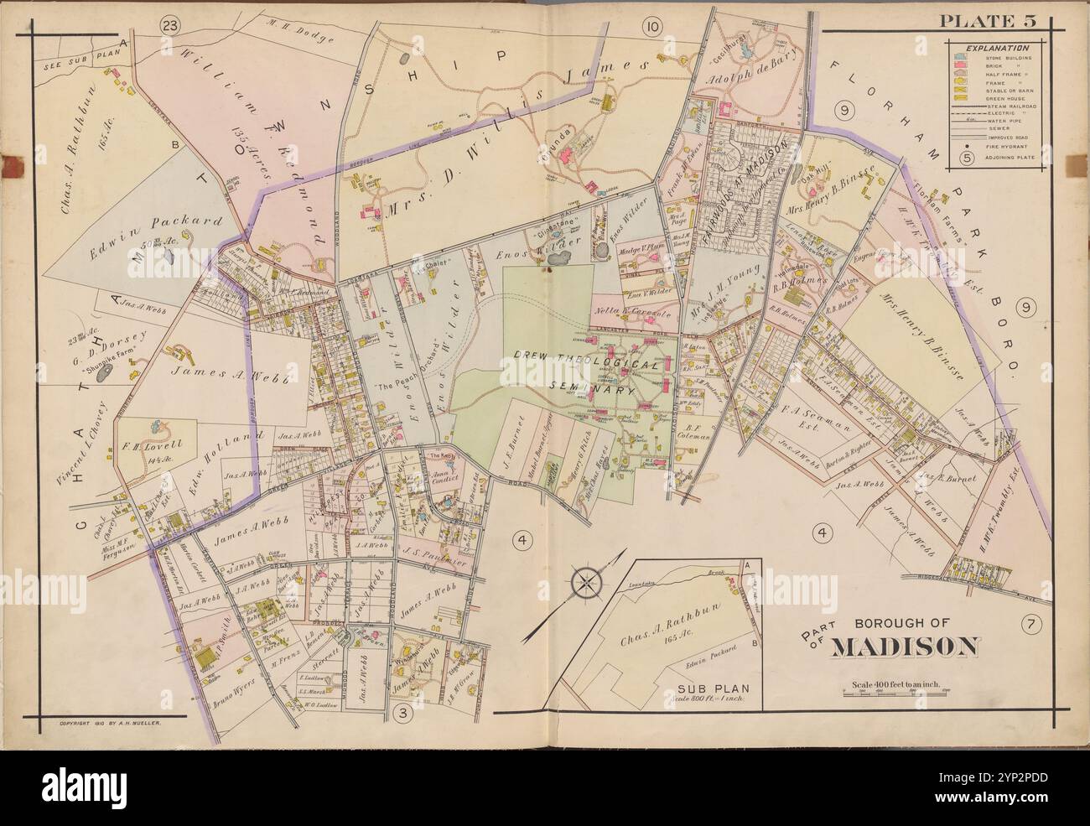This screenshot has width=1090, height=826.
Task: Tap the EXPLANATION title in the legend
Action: pos(999,49)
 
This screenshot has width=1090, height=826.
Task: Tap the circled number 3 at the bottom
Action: pos(402,713)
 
